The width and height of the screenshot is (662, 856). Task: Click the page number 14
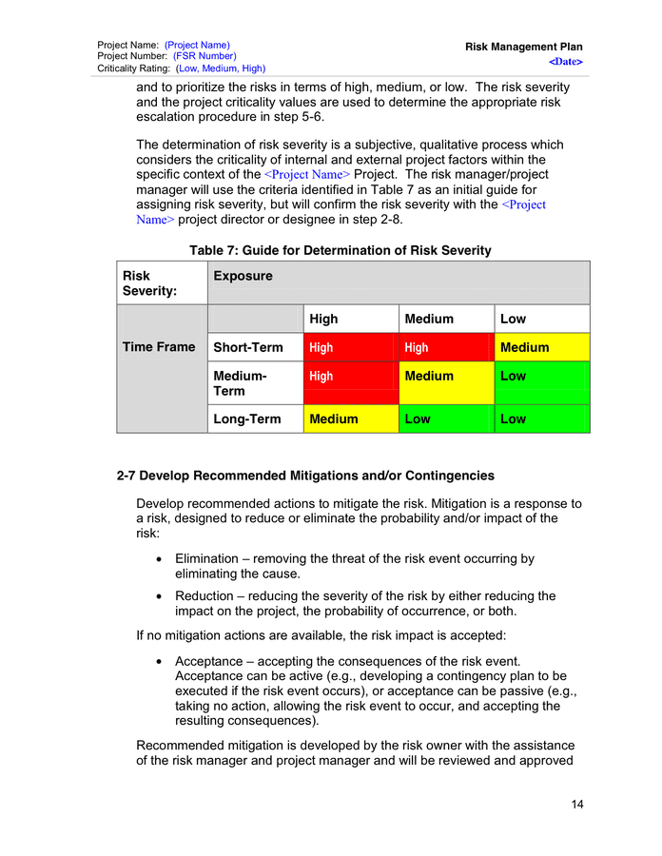[577, 806]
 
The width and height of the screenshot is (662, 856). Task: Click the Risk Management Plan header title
[523, 47]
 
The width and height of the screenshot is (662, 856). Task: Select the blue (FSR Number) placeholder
[204, 56]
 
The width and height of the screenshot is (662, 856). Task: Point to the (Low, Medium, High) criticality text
[221, 68]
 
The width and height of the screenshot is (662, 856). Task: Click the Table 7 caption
[340, 250]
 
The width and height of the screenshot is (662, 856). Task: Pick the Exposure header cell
[243, 276]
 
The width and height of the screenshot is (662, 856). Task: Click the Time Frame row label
[159, 347]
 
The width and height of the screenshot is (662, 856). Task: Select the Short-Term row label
[248, 347]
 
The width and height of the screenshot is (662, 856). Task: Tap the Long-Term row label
[247, 418]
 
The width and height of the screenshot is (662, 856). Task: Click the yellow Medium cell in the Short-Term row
[541, 347]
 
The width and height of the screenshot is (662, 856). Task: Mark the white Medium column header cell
[445, 319]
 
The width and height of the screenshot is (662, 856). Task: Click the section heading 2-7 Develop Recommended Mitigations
[305, 475]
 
